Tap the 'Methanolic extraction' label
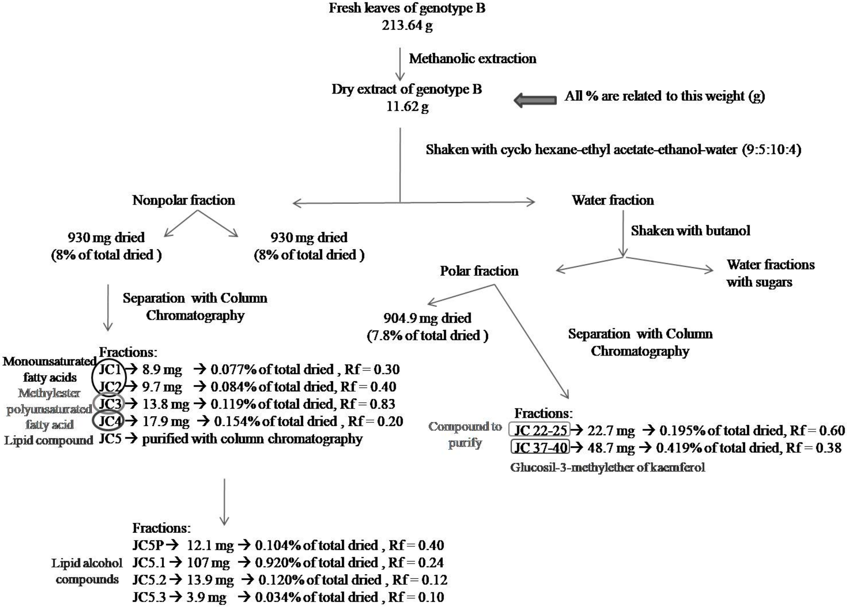(x=472, y=59)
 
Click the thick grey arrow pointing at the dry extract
(x=535, y=100)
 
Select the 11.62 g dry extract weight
(x=407, y=106)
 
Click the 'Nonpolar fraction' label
(x=183, y=200)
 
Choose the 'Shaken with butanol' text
(x=690, y=231)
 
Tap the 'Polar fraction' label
(x=479, y=271)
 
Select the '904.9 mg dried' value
(x=427, y=318)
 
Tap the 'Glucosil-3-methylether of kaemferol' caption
(x=608, y=467)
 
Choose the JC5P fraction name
(x=148, y=545)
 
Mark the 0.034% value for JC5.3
(x=277, y=597)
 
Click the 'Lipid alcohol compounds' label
(x=87, y=571)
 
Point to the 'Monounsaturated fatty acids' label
(x=50, y=369)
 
